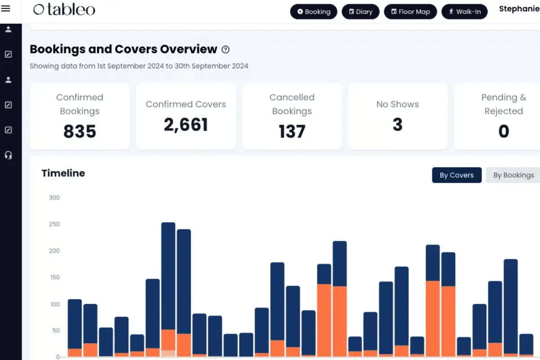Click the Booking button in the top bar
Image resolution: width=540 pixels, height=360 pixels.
coord(313,12)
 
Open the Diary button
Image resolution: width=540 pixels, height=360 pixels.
coord(360,12)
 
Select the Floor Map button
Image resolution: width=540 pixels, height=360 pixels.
coord(410,12)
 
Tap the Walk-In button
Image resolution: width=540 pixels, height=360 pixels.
coord(464,12)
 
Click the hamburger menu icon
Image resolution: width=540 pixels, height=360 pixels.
coord(5,9)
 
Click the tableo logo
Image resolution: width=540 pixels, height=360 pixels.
coord(64,9)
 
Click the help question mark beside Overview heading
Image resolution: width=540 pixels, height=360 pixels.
coord(225,49)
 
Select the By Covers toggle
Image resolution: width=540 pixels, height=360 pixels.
coord(457,175)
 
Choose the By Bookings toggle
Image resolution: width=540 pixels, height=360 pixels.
coord(513,175)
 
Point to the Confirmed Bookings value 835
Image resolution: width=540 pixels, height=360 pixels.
coord(80,131)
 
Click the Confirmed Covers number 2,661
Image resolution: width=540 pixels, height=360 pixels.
coord(185,125)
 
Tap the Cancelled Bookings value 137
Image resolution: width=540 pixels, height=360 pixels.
coord(292,131)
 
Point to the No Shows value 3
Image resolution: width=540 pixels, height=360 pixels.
coord(397,124)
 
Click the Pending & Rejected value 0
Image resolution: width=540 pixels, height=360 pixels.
coord(504,131)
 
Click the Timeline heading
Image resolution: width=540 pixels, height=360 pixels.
coord(63,173)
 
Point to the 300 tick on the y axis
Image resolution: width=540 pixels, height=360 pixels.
coord(54,198)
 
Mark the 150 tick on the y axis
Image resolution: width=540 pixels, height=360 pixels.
coord(55,277)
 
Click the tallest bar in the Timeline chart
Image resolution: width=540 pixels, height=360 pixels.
coord(168,289)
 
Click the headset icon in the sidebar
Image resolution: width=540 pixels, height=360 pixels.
coord(9,155)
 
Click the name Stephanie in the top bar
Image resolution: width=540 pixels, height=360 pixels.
coord(519,9)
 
